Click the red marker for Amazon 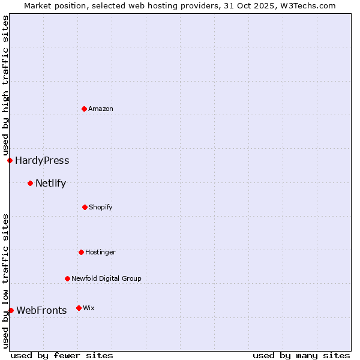(85, 109)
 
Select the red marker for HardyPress (10, 160)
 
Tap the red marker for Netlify (30, 183)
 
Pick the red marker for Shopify (85, 207)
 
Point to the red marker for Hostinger (81, 252)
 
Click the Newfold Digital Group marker (67, 278)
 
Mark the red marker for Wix (79, 308)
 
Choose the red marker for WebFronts (11, 310)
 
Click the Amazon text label (101, 109)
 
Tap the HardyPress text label (42, 160)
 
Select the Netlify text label (50, 183)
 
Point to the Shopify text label (101, 207)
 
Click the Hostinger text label (100, 252)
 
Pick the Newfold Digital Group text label (106, 278)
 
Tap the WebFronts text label (41, 310)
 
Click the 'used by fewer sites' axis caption (62, 355)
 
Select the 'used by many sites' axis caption (301, 355)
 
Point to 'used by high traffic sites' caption (5, 86)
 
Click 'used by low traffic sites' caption (5, 281)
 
